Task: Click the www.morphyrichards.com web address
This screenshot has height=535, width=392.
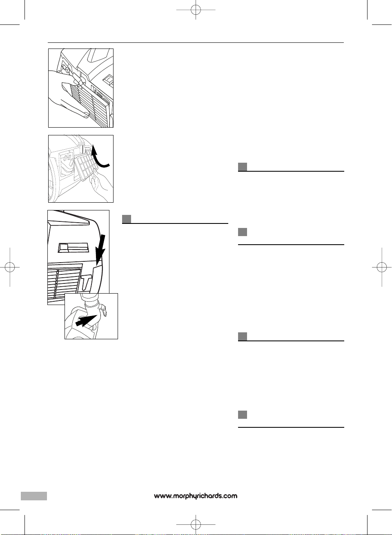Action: click(196, 496)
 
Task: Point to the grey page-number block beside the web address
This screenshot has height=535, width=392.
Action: click(34, 496)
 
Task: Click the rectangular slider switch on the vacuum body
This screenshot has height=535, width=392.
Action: click(73, 248)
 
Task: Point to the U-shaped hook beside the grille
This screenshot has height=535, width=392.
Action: click(86, 281)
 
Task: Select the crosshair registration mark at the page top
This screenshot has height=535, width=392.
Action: click(196, 10)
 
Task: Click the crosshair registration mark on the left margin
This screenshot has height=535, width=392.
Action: click(10, 267)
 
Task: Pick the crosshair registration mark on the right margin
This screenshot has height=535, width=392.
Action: click(382, 267)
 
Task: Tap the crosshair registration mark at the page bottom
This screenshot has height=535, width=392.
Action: click(196, 524)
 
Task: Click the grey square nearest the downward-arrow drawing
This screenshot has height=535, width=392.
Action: click(127, 219)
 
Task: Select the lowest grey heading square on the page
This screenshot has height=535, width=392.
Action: click(243, 415)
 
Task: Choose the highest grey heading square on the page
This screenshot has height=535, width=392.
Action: click(243, 167)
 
